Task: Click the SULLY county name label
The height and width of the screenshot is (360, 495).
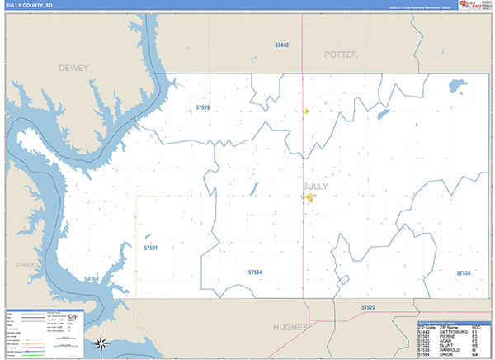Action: pyautogui.click(x=315, y=187)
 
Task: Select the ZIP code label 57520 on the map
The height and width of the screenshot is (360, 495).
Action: pyautogui.click(x=203, y=107)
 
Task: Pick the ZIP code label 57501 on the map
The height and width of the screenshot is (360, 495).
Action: pyautogui.click(x=150, y=247)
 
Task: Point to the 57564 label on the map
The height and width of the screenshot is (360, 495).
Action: pyautogui.click(x=255, y=272)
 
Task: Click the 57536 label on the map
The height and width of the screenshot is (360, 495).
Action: pyautogui.click(x=464, y=272)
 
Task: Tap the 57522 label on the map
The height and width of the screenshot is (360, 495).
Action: pyautogui.click(x=368, y=307)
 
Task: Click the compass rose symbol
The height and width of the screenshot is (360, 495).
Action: pyautogui.click(x=101, y=342)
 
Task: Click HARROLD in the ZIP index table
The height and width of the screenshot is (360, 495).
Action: pyautogui.click(x=452, y=350)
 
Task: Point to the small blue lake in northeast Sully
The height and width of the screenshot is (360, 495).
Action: pyautogui.click(x=454, y=84)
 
